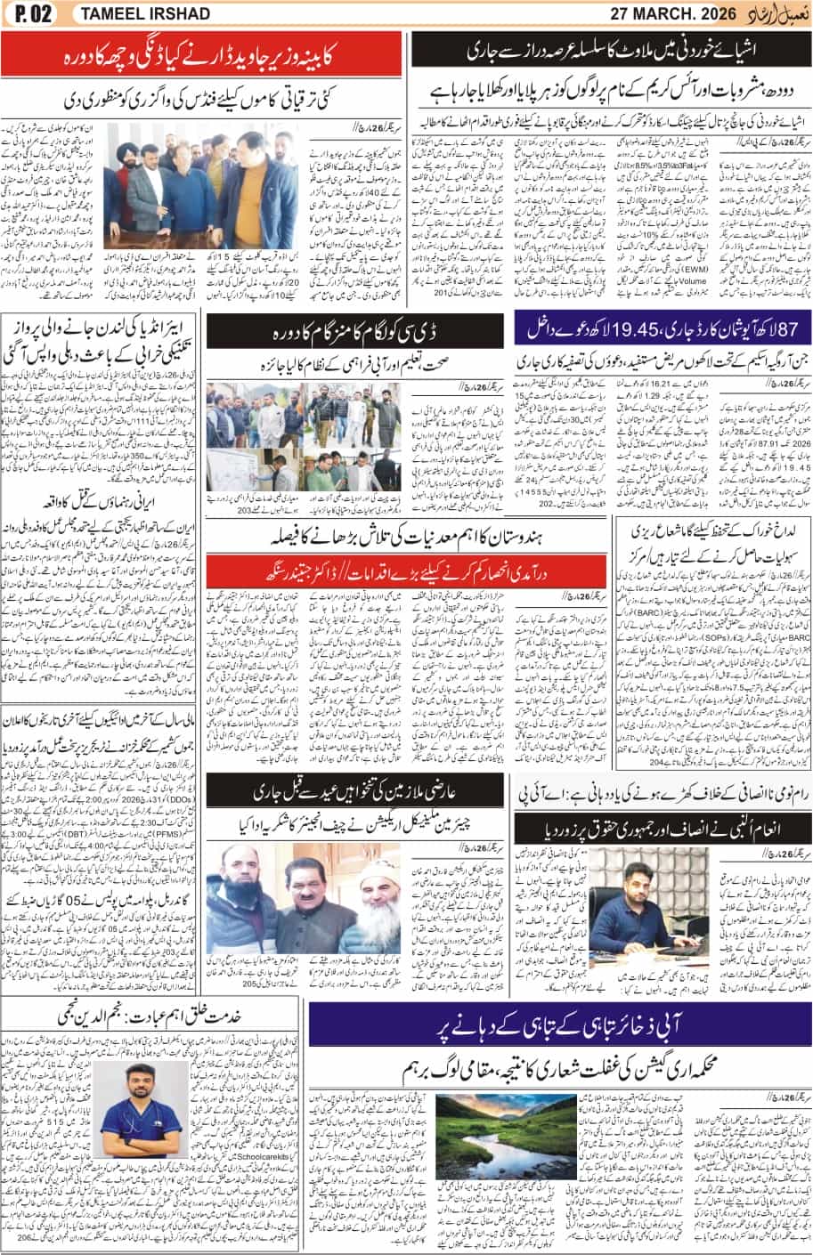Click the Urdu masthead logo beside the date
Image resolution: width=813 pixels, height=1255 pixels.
point(778,12)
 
